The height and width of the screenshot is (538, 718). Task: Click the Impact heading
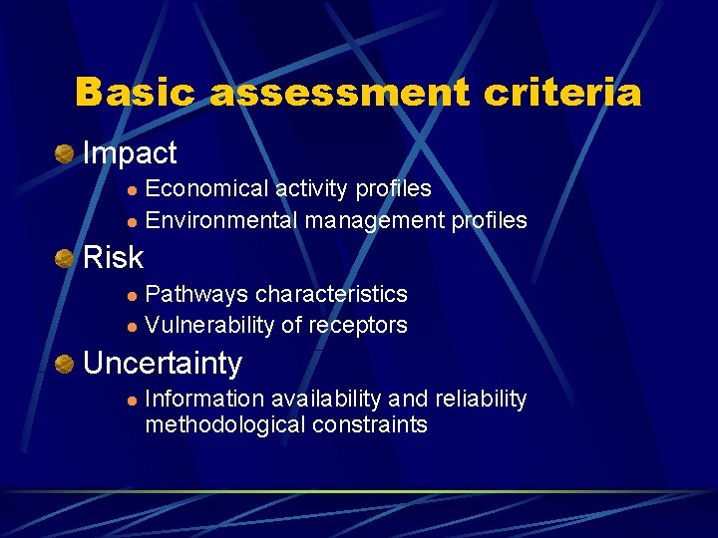pyautogui.click(x=130, y=153)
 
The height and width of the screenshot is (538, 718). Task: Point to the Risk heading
pyautogui.click(x=114, y=258)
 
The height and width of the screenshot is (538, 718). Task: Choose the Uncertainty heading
pyautogui.click(x=163, y=364)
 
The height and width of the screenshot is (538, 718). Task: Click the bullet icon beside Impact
pyautogui.click(x=65, y=154)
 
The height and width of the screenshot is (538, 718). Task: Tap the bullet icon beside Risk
pyautogui.click(x=65, y=259)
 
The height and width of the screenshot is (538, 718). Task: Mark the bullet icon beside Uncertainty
pyautogui.click(x=65, y=364)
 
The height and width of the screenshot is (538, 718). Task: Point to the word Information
pyautogui.click(x=204, y=400)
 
